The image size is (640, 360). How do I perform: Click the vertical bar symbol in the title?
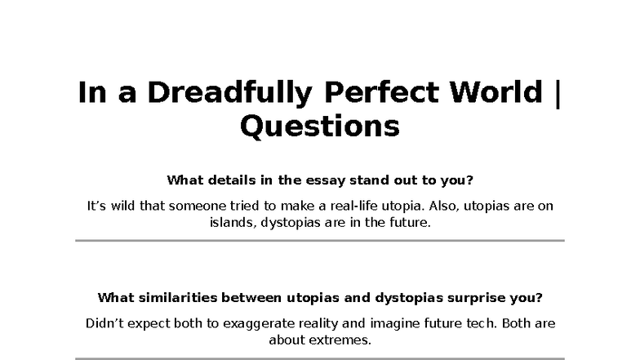click(x=558, y=93)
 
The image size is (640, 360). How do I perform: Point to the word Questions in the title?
click(x=320, y=127)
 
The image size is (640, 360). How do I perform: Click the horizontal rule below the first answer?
click(x=320, y=241)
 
